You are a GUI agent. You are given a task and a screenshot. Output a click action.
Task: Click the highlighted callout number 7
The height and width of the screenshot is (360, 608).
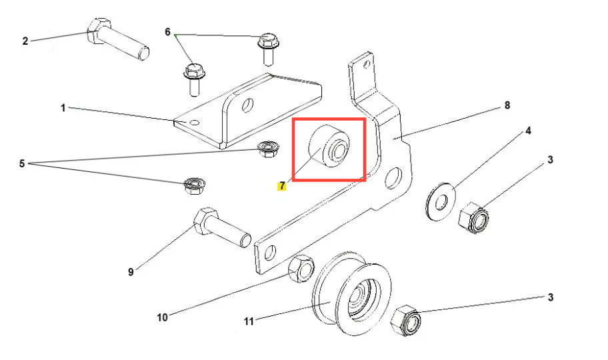(x=282, y=186)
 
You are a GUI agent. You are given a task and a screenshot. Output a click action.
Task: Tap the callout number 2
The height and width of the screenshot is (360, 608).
(x=25, y=41)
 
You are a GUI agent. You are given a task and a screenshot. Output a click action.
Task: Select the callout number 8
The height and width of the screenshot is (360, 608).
(x=507, y=105)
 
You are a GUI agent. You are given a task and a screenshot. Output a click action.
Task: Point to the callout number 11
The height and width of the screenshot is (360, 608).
(x=249, y=321)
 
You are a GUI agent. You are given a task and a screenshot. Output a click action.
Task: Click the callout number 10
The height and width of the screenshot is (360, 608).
(x=163, y=317)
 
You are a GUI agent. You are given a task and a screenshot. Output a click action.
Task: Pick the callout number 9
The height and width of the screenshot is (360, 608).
(x=131, y=272)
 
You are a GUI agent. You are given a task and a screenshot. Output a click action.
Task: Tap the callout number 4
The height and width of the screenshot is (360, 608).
(x=528, y=131)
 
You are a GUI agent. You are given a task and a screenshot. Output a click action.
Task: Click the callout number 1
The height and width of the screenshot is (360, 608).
(x=63, y=108)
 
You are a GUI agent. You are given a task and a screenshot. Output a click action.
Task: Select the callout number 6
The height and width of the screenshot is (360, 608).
(x=167, y=32)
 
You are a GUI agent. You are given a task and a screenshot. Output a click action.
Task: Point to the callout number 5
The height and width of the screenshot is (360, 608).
(x=22, y=164)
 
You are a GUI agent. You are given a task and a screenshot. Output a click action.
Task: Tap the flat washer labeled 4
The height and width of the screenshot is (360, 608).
(x=441, y=201)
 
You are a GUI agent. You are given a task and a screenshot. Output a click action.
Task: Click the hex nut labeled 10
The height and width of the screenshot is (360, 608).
(x=301, y=269)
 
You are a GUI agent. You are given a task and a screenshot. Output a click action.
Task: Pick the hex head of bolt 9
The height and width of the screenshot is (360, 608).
(x=203, y=221)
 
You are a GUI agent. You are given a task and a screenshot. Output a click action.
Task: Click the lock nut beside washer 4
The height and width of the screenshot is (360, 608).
(x=473, y=217)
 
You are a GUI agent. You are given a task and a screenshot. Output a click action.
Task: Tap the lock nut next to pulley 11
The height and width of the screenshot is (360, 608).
(x=405, y=321)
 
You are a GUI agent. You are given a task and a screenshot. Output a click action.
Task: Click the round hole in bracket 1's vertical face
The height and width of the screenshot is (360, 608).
(x=247, y=105)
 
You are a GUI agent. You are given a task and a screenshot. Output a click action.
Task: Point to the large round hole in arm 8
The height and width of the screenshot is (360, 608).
(x=393, y=178)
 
